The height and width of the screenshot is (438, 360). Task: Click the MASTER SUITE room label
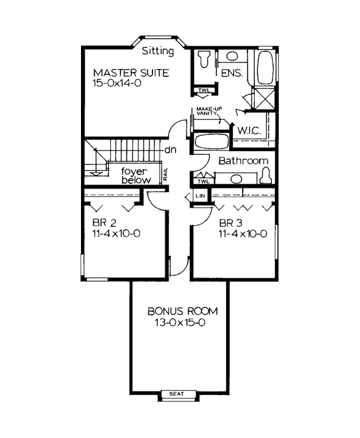pyautogui.click(x=131, y=73)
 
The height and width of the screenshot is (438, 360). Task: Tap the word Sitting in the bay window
pyautogui.click(x=158, y=51)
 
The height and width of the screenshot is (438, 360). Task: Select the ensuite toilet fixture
pyautogui.click(x=203, y=59)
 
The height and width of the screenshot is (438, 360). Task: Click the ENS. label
pyautogui.click(x=232, y=73)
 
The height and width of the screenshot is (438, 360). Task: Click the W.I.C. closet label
pyautogui.click(x=249, y=130)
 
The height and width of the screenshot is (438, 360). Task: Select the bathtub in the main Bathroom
pyautogui.click(x=211, y=142)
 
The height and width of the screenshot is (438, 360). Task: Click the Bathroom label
pyautogui.click(x=243, y=161)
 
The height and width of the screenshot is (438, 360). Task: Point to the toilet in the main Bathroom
pyautogui.click(x=266, y=176)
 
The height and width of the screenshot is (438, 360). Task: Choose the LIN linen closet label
pyautogui.click(x=200, y=196)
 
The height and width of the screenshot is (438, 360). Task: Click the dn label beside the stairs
pyautogui.click(x=170, y=150)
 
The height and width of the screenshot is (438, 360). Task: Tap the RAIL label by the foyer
pyautogui.click(x=166, y=174)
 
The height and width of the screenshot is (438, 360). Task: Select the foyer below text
pyautogui.click(x=136, y=176)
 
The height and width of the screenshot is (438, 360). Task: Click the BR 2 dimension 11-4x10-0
pyautogui.click(x=116, y=233)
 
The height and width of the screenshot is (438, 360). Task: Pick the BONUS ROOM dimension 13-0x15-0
pyautogui.click(x=180, y=323)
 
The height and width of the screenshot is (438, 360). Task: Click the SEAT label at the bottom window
pyautogui.click(x=176, y=394)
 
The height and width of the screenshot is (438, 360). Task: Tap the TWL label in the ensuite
pyautogui.click(x=203, y=90)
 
